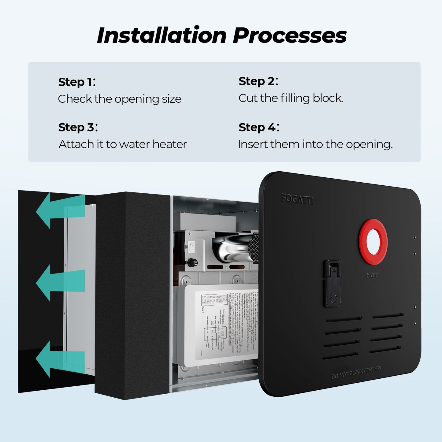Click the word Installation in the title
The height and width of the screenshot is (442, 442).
tap(162, 35)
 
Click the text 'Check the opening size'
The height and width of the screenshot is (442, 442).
tap(120, 99)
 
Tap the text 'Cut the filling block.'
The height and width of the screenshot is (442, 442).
tap(291, 98)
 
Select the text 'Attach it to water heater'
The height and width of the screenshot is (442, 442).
tap(122, 144)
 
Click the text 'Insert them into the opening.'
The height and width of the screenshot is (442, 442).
tap(315, 144)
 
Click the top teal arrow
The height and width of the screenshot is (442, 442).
tap(60, 210)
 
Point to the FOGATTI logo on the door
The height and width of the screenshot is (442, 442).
tap(297, 199)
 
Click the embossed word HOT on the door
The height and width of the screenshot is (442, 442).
tap(372, 275)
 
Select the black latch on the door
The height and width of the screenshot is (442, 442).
tap(332, 284)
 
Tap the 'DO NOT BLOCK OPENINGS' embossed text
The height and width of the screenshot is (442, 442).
tap(356, 372)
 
